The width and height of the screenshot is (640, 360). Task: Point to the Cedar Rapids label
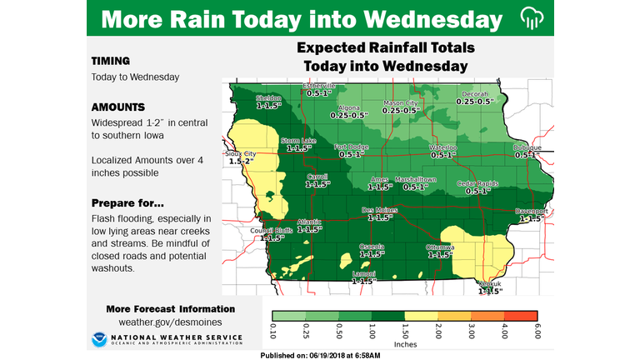(477, 183)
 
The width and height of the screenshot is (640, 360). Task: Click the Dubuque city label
(527, 148)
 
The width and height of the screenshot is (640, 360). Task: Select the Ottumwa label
(439, 247)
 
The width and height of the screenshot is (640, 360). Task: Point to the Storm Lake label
(297, 141)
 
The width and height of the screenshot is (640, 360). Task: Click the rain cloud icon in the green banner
(530, 18)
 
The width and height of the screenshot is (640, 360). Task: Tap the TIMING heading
(112, 61)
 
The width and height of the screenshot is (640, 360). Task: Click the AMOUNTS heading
(117, 107)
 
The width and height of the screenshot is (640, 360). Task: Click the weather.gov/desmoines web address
(170, 322)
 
